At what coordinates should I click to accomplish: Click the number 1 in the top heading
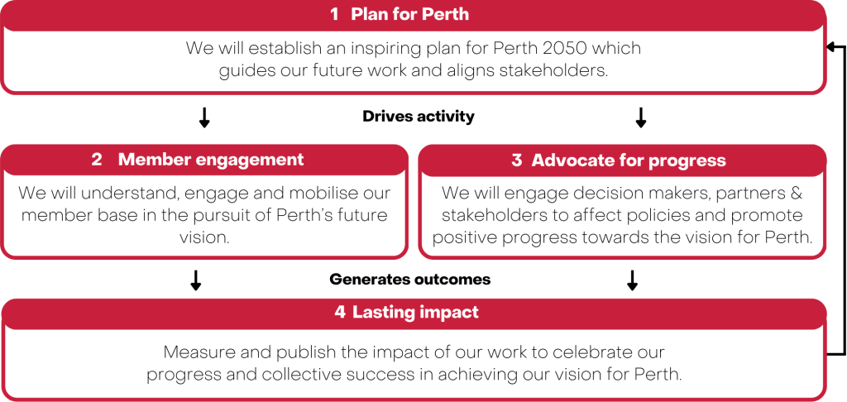(335, 14)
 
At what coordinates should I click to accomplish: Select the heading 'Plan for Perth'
(410, 14)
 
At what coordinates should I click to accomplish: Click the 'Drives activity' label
(419, 116)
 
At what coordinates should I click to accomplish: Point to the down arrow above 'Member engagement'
(204, 117)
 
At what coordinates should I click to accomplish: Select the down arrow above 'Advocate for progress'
(641, 117)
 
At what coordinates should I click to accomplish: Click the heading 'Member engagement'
(211, 160)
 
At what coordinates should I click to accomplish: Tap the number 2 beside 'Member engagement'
(97, 160)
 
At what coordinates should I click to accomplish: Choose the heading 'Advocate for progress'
(629, 160)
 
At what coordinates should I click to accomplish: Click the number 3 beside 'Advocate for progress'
(517, 160)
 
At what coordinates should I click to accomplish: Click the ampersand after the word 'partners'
(788, 193)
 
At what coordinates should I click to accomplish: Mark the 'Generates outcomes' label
(410, 279)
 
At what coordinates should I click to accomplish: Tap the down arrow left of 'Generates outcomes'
(196, 280)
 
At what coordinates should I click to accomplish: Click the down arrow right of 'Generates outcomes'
(633, 280)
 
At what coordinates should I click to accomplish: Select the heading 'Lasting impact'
(415, 313)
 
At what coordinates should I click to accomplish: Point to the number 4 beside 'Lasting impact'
(339, 313)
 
